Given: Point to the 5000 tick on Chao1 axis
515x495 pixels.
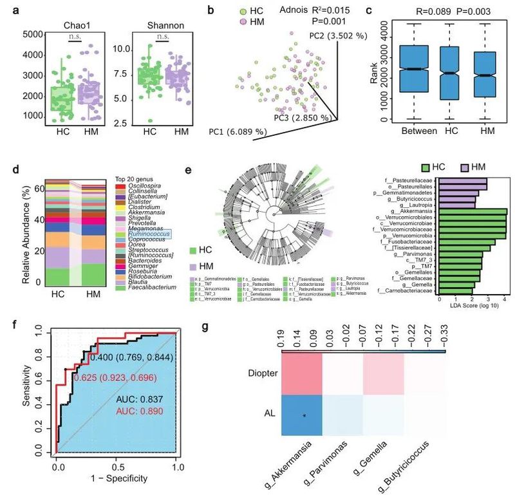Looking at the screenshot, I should [x=23, y=33].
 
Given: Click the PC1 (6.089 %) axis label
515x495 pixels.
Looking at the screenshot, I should [x=238, y=132].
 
